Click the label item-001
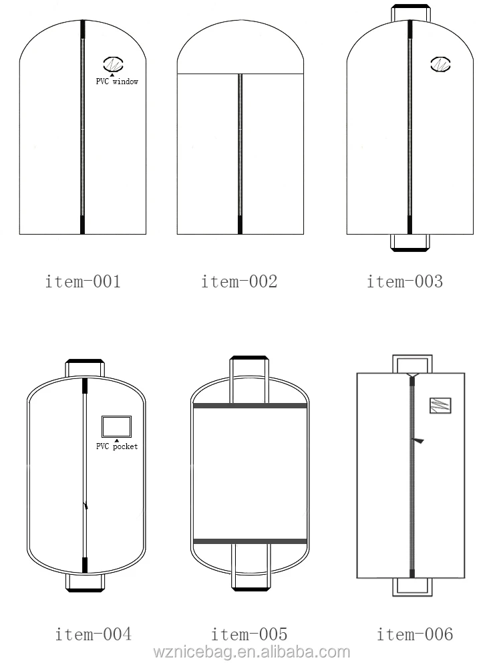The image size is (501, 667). coord(83,281)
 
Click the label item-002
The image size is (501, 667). coord(239,281)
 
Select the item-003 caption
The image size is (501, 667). coord(404,281)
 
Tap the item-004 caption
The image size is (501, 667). coord(93,634)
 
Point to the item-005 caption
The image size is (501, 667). coord(249,634)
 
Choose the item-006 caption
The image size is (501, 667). coord(414,634)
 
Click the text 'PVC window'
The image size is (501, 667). coord(118,82)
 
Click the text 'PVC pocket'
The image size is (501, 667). coord(117,446)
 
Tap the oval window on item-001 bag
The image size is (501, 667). coord(113,65)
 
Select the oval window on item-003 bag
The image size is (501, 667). coord(440,65)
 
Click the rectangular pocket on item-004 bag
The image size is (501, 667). coord(116,426)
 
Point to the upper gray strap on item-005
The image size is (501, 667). coord(249,406)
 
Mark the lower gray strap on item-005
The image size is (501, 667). coord(249,540)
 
